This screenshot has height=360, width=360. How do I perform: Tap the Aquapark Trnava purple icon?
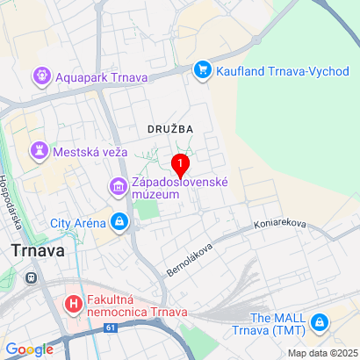tap(41, 77)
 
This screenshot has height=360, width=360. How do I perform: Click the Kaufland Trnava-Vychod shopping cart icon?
tap(204, 68)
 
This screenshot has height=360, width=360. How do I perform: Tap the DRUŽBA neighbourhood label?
tap(170, 128)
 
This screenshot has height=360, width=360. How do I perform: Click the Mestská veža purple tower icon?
tap(40, 151)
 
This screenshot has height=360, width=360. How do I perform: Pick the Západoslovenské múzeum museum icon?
tap(118, 187)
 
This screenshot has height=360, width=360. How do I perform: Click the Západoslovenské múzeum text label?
tap(180, 187)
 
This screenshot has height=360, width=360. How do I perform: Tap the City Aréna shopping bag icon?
tap(119, 223)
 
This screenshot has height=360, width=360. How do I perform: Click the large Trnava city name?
tap(38, 250)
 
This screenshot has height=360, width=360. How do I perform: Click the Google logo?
tap(29, 349)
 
